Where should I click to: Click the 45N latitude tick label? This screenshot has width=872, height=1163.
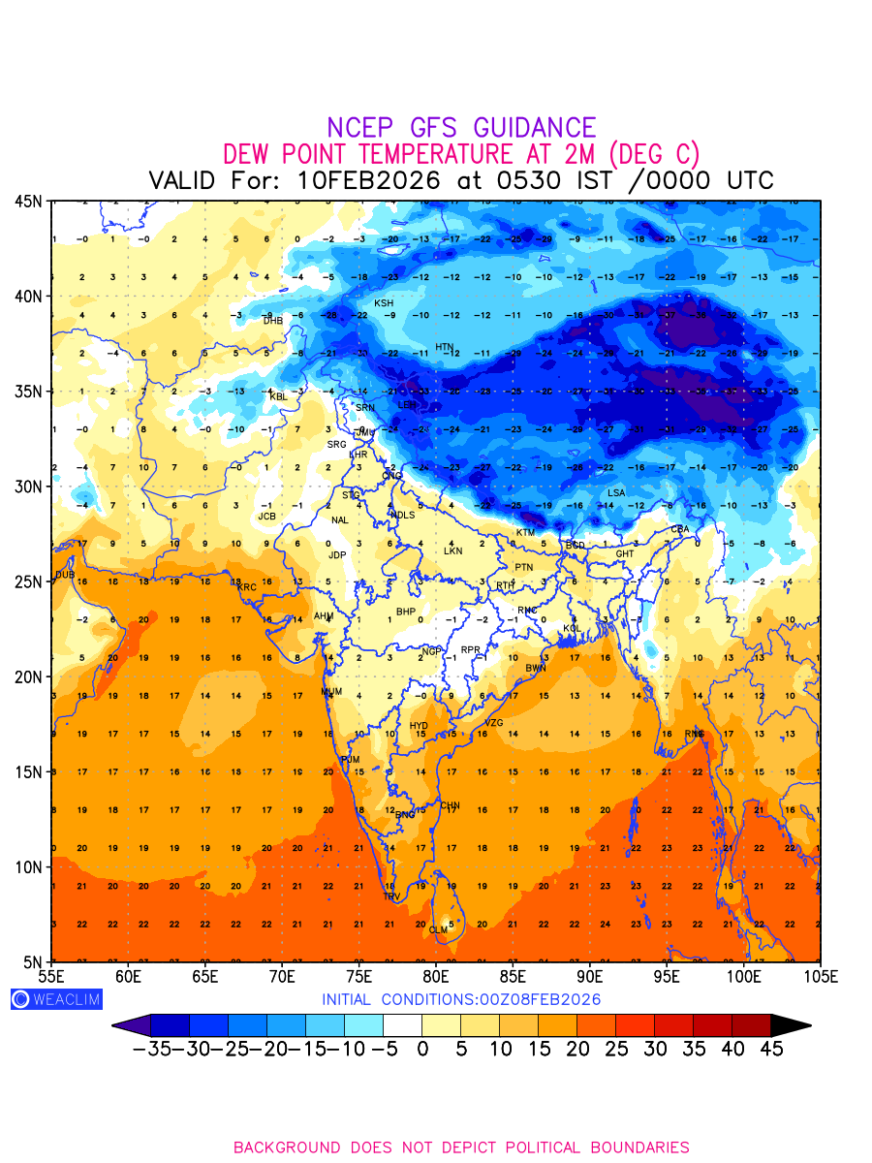tap(27, 201)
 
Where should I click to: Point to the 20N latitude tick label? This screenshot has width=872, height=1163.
tap(27, 676)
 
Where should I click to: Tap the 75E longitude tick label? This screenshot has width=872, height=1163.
tap(358, 974)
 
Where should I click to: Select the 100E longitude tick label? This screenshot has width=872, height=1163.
tap(742, 974)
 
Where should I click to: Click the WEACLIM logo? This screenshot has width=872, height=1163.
tap(56, 999)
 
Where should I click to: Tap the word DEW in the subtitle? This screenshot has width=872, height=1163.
tap(248, 154)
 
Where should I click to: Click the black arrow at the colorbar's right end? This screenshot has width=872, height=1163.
tap(790, 1025)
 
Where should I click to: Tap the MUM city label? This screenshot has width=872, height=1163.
tap(331, 692)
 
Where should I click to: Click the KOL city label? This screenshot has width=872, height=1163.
tap(572, 629)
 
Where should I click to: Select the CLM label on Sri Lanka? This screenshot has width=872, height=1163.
tap(438, 929)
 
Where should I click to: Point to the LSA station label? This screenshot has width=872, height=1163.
tap(616, 493)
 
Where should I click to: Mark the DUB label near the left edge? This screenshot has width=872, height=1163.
tap(65, 575)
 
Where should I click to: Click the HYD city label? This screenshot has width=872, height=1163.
tap(419, 725)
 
